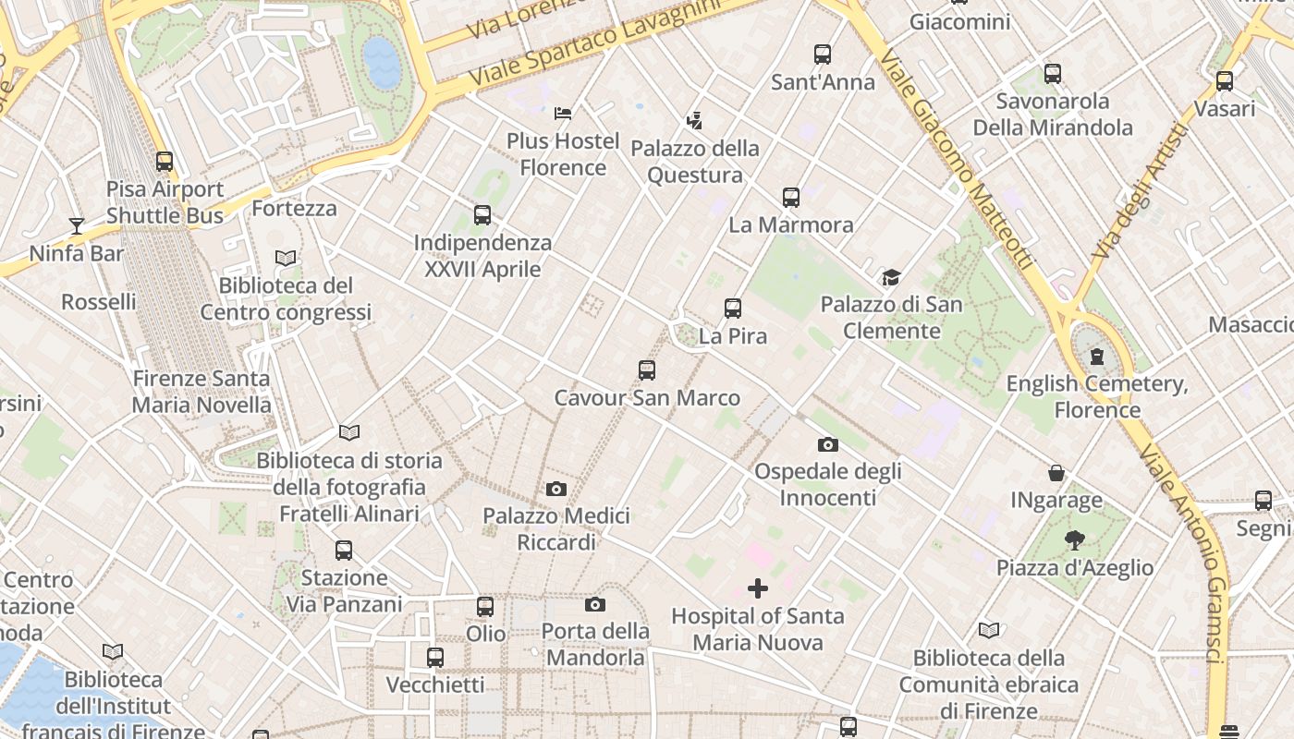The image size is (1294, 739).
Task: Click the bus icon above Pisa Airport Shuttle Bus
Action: pyautogui.click(x=165, y=162)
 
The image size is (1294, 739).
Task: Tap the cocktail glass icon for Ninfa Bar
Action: pyautogui.click(x=76, y=225)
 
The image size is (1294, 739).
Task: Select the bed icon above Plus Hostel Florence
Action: pyautogui.click(x=562, y=114)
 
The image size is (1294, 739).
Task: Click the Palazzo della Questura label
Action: pyautogui.click(x=694, y=162)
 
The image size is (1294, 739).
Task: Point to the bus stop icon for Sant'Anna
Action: pyautogui.click(x=823, y=55)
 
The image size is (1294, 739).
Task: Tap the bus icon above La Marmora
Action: pyautogui.click(x=791, y=197)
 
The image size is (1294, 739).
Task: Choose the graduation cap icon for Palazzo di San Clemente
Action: pyautogui.click(x=891, y=277)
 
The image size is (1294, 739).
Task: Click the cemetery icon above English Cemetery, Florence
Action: pyautogui.click(x=1097, y=356)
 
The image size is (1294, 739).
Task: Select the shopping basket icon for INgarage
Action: pyautogui.click(x=1056, y=473)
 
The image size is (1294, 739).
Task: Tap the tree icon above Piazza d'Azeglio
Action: pyautogui.click(x=1074, y=539)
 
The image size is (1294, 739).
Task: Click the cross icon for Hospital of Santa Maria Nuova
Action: pyautogui.click(x=758, y=588)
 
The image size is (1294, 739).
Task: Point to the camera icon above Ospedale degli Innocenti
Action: pyautogui.click(x=828, y=444)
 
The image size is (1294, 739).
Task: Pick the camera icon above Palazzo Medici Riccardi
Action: pyautogui.click(x=556, y=489)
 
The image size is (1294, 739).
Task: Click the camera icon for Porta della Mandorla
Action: pyautogui.click(x=595, y=604)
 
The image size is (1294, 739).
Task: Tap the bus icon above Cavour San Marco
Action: pyautogui.click(x=647, y=370)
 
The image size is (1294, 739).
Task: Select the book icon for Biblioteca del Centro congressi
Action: pyautogui.click(x=286, y=259)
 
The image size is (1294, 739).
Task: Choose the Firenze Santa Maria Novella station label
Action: pyautogui.click(x=201, y=392)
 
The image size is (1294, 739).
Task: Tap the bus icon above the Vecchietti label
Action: pyautogui.click(x=435, y=658)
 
